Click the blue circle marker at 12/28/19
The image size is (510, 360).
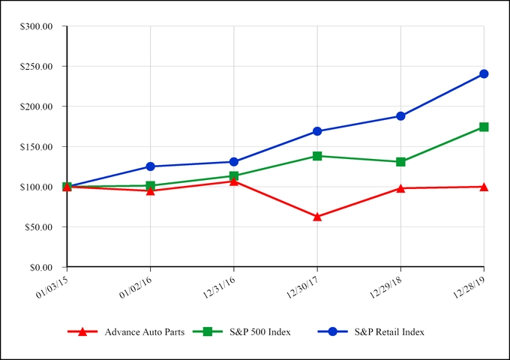[x=484, y=73]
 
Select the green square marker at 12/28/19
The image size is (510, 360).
[x=484, y=127]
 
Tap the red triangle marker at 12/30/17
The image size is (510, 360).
[x=317, y=217]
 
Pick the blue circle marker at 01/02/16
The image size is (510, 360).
[x=151, y=166]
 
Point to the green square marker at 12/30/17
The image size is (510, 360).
[x=317, y=156]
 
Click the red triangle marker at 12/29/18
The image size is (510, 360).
[x=400, y=188]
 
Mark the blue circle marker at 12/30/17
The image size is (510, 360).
[x=317, y=131]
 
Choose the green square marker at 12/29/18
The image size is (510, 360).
[x=400, y=162]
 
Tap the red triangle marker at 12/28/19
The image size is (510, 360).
[x=484, y=187]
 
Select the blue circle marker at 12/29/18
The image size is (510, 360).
[x=400, y=116]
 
